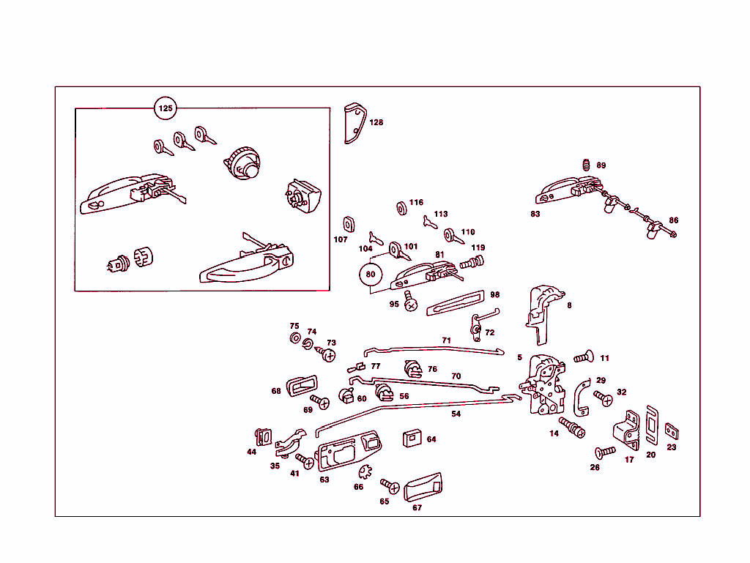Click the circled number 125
[x=166, y=109]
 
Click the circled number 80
[x=371, y=275]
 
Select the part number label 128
[x=376, y=123]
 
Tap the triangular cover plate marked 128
[x=354, y=124]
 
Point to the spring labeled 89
[x=587, y=165]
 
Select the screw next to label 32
[x=604, y=399]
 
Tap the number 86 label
[x=674, y=220]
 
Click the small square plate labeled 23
[x=671, y=431]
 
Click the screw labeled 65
[x=390, y=485]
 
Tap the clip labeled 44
[x=260, y=436]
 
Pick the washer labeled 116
[x=402, y=208]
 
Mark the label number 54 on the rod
[x=456, y=414]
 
